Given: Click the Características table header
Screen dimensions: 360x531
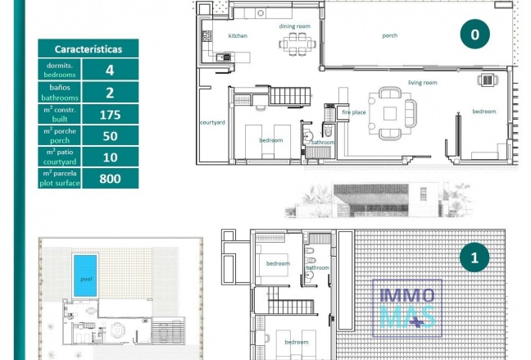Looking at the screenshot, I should (88, 49).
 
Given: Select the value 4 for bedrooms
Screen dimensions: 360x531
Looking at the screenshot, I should (110, 71).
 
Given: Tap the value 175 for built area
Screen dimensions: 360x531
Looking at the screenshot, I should (110, 115).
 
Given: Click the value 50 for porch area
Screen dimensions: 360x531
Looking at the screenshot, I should (110, 135).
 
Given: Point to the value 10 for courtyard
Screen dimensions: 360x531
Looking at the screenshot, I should (110, 156).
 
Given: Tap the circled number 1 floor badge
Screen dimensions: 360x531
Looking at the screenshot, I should (474, 258).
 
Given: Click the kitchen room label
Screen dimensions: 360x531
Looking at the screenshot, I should (238, 36).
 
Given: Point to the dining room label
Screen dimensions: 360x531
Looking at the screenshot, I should (295, 26).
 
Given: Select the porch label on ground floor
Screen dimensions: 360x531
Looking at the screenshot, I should (389, 36).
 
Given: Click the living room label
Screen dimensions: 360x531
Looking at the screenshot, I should (423, 83).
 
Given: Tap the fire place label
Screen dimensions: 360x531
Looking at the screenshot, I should (354, 112).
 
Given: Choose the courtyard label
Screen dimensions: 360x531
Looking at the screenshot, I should (212, 122).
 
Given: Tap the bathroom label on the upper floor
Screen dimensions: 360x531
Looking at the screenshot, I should (318, 268).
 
